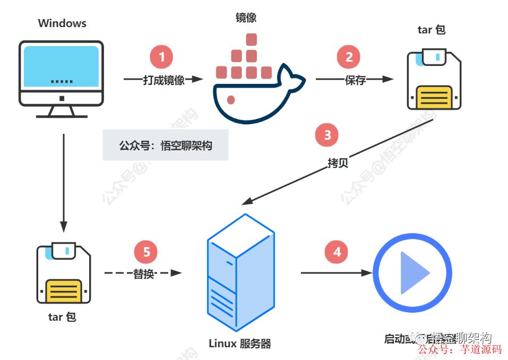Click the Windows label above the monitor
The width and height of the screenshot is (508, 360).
coord(62,23)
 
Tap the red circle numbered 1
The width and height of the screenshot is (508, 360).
coord(162,56)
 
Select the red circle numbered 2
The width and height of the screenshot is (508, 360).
coord(349,57)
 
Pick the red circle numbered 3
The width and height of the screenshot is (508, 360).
coord(327,135)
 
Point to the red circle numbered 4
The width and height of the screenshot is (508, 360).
coord(337,252)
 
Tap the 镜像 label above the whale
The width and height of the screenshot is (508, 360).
coord(246,18)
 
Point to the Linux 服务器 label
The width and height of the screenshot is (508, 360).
coord(240,344)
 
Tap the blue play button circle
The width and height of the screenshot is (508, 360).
coord(412,272)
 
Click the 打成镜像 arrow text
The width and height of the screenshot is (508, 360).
coord(163,80)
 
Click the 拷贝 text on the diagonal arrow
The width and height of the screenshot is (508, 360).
coord(338,162)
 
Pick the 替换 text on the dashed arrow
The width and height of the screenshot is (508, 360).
coord(143,274)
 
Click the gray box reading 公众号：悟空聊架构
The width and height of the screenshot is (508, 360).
coord(165,145)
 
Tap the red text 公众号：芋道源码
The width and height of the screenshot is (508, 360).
coord(460,349)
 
